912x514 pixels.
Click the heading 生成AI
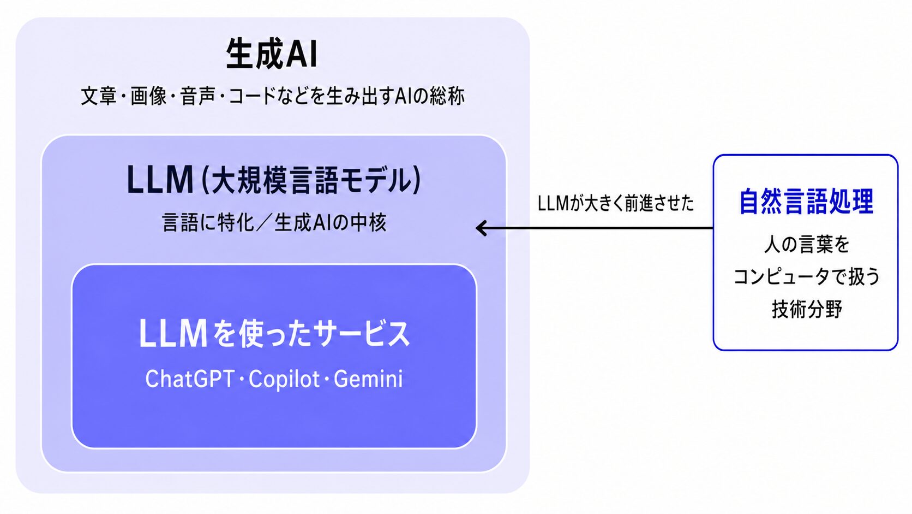click(272, 54)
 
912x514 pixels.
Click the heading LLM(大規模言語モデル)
click(274, 179)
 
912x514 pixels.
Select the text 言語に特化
click(208, 222)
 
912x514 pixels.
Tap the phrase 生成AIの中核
click(330, 222)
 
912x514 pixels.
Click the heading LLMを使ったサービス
click(274, 333)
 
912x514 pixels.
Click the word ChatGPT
click(190, 379)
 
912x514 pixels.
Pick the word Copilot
click(284, 379)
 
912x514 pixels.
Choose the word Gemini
click(368, 379)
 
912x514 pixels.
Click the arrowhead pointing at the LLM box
click(481, 228)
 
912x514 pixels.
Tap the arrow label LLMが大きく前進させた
click(615, 203)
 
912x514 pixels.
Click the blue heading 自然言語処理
click(806, 202)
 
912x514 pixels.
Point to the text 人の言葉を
click(807, 245)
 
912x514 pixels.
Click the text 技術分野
click(807, 309)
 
